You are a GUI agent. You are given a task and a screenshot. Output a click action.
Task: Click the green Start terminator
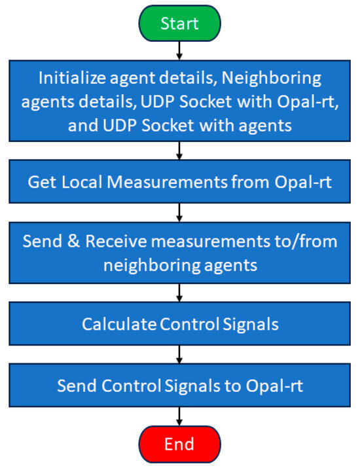pos(179,24)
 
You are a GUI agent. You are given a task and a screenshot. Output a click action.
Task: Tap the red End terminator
pos(179,445)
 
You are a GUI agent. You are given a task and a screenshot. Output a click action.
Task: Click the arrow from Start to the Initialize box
pos(179,50)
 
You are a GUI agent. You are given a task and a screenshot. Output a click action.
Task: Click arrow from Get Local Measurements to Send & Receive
pos(179,212)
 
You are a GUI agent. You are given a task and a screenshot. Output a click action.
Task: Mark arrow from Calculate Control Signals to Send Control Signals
pos(179,354)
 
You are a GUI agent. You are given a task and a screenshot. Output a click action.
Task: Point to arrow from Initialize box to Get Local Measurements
pos(179,151)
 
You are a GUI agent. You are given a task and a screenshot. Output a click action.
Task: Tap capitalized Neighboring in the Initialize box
pos(270,79)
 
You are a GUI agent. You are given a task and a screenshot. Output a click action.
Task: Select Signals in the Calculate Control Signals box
pos(251,324)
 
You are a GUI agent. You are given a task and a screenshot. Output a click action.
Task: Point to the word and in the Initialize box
pos(82,126)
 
